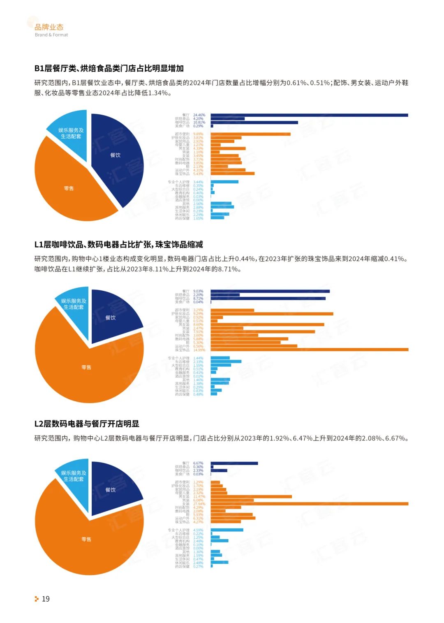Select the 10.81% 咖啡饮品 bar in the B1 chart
click(254, 123)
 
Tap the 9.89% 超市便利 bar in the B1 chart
click(250, 134)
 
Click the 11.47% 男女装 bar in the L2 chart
click(251, 497)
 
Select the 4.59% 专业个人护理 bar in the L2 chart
click(227, 530)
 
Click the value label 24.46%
click(199, 115)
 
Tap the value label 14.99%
click(199, 350)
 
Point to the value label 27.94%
click(199, 504)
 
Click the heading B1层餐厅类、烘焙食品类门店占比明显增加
click(109, 68)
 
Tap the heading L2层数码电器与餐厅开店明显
click(87, 424)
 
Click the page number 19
click(46, 599)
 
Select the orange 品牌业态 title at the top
click(49, 27)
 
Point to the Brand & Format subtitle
click(51, 35)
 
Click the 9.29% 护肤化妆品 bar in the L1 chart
click(272, 314)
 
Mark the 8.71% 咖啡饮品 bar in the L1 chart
click(268, 299)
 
